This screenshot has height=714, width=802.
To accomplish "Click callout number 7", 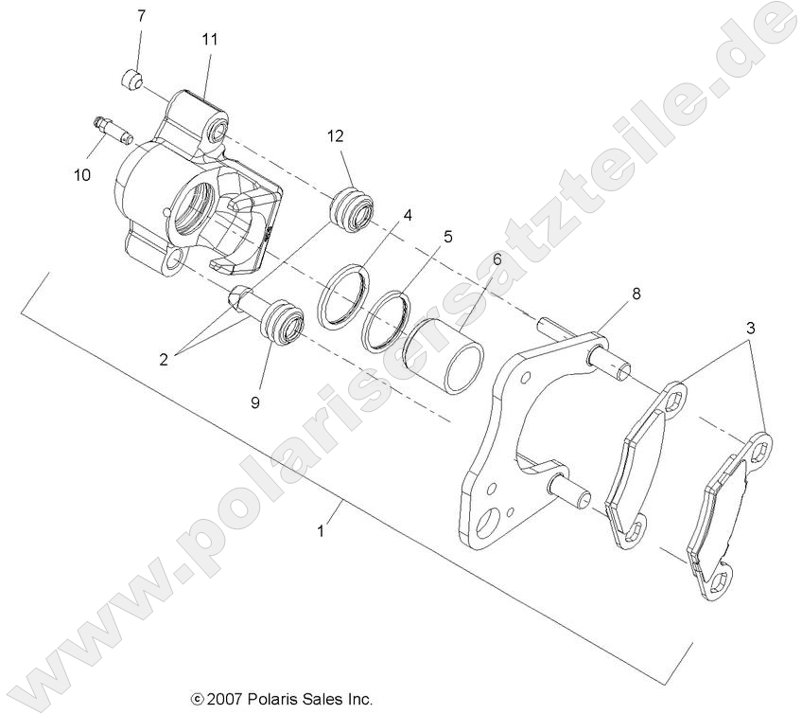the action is [x=142, y=16].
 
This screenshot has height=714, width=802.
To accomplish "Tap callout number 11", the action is [x=209, y=39].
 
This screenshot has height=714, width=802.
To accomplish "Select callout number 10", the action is [x=81, y=174].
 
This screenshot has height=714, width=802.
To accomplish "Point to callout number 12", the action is [x=336, y=135].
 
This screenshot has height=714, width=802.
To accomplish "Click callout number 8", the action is [x=636, y=294].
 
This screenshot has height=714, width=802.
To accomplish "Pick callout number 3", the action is [x=750, y=329].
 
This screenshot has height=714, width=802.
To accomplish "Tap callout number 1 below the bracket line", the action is [x=322, y=531].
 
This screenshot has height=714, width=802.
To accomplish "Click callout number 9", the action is [x=254, y=402].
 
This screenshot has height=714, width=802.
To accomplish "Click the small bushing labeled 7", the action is [x=133, y=79].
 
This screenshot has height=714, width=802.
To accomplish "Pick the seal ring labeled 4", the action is [x=344, y=296].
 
